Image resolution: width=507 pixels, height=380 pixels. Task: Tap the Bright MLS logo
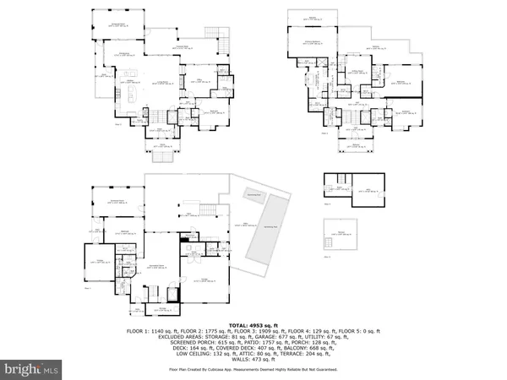pyautogui.click(x=31, y=369)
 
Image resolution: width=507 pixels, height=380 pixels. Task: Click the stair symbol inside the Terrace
pyautogui.click(x=329, y=243)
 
